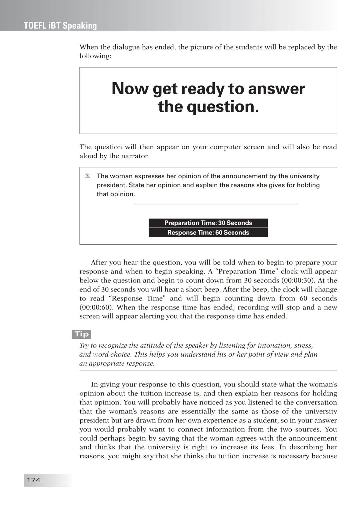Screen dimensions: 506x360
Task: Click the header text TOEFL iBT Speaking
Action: [x=60, y=26]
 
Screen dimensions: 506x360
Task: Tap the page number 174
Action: [x=34, y=480]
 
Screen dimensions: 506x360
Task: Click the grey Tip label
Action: [x=82, y=334]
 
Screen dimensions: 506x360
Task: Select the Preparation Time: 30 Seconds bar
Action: [x=208, y=223]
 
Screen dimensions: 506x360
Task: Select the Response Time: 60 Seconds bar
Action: [x=208, y=233]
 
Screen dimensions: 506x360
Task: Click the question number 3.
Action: [x=88, y=176]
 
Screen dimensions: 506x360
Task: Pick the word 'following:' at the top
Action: [x=95, y=56]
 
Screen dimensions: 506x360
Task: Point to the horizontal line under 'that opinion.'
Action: [x=216, y=204]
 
